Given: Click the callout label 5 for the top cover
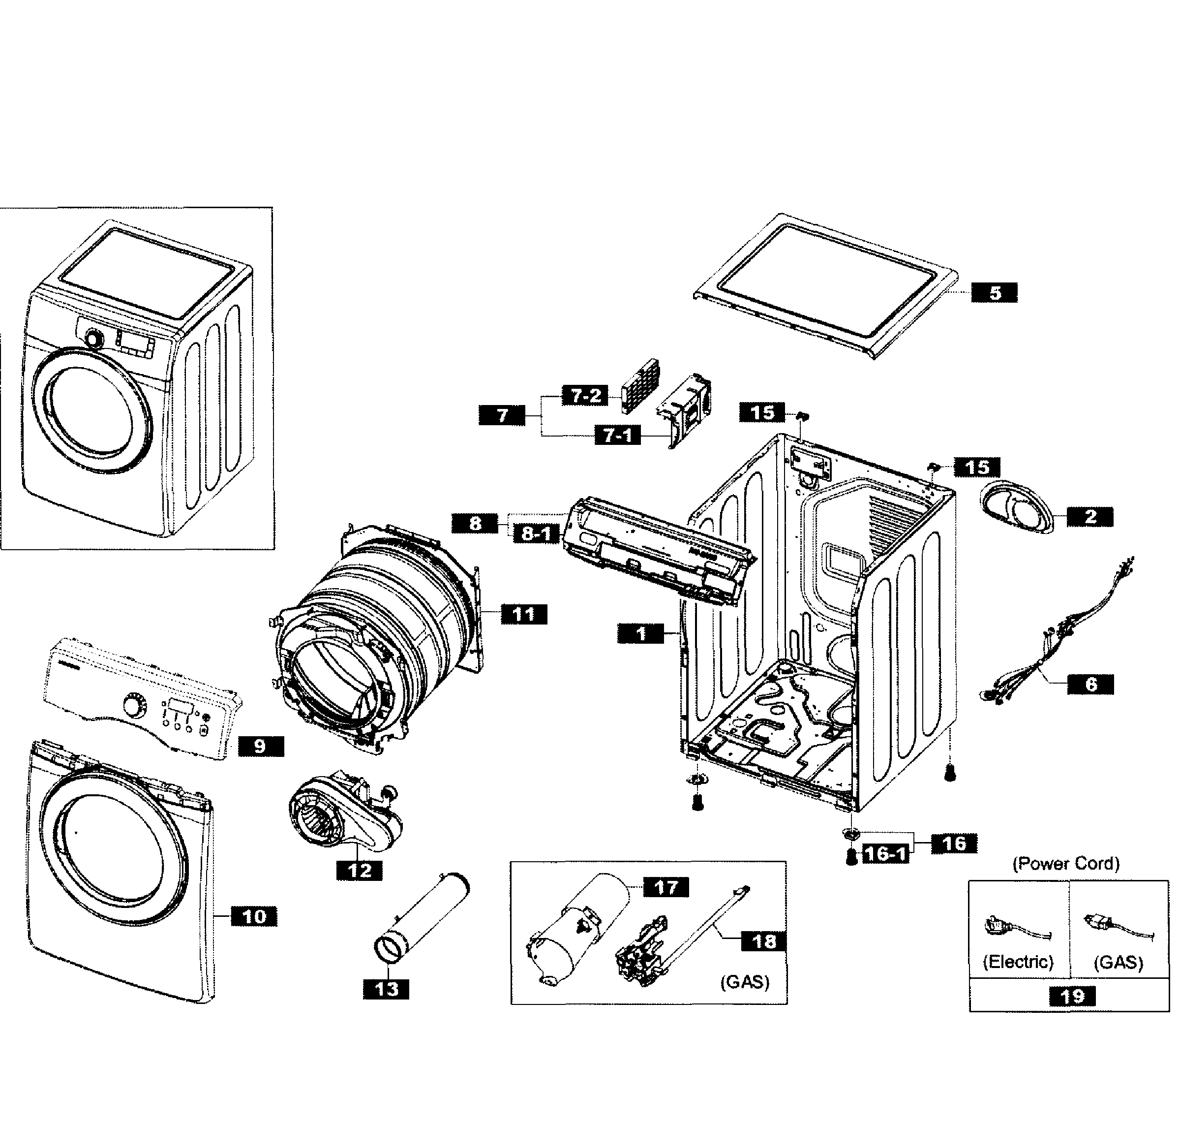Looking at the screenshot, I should [994, 293].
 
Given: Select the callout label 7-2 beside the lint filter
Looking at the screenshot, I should [585, 396].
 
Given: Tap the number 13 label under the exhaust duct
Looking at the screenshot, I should [386, 989].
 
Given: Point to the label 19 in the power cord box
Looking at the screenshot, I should [1072, 997].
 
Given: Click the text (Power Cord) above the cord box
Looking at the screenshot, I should [1066, 864].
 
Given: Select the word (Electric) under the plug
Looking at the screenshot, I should [1018, 962].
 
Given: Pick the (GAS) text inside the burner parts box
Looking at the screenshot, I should [745, 982].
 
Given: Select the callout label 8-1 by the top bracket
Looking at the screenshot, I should [536, 533].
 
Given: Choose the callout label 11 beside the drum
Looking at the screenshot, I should [523, 615].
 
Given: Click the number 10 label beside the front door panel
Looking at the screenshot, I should [254, 916].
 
